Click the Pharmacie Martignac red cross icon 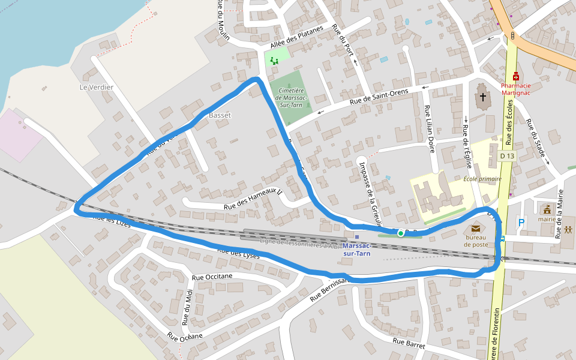coord(516,76)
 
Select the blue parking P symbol coord(521,223)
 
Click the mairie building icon coord(547,209)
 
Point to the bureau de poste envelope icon coord(476,228)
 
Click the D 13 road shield coord(507,156)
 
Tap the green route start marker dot coord(400,233)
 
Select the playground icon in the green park coord(274,60)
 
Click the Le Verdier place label coord(96,87)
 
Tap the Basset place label coord(220,115)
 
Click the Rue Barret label coord(409,343)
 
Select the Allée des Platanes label coord(297,37)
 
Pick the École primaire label coord(482,179)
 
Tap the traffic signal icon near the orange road coord(512,35)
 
